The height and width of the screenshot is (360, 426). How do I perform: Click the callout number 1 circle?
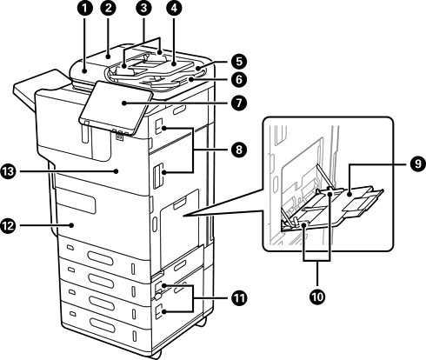tap(84, 8)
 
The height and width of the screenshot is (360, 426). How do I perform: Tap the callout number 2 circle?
tap(108, 8)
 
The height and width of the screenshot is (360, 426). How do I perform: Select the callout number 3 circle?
tap(143, 8)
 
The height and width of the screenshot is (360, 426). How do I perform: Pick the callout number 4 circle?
tap(174, 8)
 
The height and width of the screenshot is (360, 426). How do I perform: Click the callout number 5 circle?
tap(239, 62)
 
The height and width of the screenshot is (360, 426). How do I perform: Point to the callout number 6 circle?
tap(239, 79)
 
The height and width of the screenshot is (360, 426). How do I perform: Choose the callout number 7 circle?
tap(239, 103)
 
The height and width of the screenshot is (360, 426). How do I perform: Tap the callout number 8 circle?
tap(239, 150)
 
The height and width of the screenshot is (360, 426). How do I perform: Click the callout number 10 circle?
tap(317, 297)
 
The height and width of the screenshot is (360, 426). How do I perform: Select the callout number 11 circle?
tap(239, 298)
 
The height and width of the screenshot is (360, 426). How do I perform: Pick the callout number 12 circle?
tap(8, 225)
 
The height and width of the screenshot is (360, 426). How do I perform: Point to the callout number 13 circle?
tap(8, 171)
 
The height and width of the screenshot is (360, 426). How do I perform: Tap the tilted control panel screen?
tap(116, 108)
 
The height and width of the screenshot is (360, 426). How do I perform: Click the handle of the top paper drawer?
tap(100, 257)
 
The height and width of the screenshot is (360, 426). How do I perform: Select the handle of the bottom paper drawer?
tap(102, 325)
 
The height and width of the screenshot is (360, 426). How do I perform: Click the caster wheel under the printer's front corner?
tap(156, 354)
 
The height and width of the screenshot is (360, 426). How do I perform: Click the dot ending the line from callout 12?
tap(71, 225)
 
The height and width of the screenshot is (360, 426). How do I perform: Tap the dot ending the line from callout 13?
tap(116, 171)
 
